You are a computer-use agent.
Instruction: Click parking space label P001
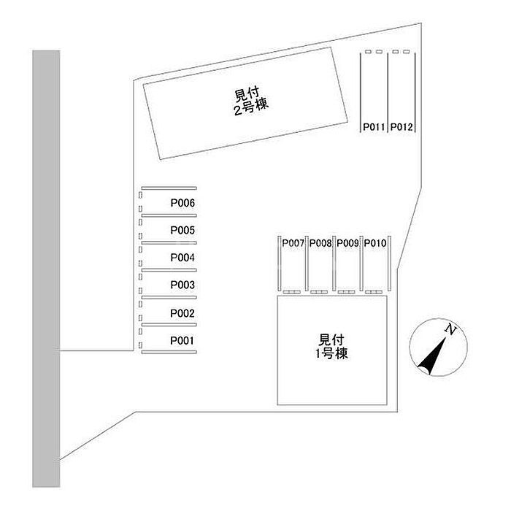coord(182,341)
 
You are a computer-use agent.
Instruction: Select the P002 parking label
coord(182,313)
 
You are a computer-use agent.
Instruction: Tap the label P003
coord(182,285)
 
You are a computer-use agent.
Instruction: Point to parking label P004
coord(182,258)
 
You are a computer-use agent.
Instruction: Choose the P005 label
coord(182,231)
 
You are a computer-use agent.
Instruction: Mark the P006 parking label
coord(182,203)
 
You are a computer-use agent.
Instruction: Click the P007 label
coord(293,243)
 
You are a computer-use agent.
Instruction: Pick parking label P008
coord(320,243)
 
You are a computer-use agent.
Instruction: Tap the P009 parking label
coord(347,243)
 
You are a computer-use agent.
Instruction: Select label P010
coord(375,243)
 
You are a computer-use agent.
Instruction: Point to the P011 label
coord(374,127)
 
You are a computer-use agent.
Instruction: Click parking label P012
coord(401,127)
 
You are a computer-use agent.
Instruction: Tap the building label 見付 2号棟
coord(250,101)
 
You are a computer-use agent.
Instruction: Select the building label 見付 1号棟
coord(331,347)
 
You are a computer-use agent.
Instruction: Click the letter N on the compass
coord(450,330)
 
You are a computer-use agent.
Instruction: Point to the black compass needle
coord(431,356)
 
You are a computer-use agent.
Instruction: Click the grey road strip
coord(46,269)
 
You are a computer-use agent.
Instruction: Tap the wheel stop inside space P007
coord(292,292)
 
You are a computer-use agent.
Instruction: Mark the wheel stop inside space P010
coord(374,292)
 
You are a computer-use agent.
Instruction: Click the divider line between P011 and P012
coord(388,93)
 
